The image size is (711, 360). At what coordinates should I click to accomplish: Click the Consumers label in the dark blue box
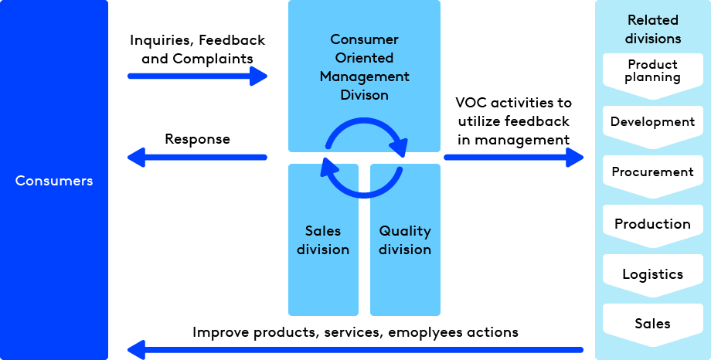pos(54,181)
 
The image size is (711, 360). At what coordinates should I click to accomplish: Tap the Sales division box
pos(323,240)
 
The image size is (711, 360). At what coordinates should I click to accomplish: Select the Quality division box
pos(405,240)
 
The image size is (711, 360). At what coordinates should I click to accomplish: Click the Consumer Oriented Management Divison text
pos(364,67)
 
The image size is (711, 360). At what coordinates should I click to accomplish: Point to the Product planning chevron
pos(653,72)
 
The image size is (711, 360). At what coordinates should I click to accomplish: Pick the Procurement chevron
pos(653,172)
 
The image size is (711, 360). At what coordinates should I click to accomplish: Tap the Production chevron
pos(653,224)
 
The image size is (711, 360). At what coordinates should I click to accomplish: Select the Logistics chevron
pos(653,274)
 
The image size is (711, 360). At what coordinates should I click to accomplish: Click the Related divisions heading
pos(653,29)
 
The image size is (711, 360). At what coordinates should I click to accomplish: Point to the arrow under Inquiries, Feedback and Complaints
pos(197,76)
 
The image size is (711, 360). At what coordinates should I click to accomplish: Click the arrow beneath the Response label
pos(197,158)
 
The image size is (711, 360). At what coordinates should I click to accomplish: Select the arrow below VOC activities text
pos(513,157)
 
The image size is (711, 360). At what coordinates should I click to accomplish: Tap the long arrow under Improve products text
pos(355,350)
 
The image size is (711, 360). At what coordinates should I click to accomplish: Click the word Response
pos(197,140)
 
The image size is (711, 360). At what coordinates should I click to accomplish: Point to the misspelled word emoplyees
pos(434,332)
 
